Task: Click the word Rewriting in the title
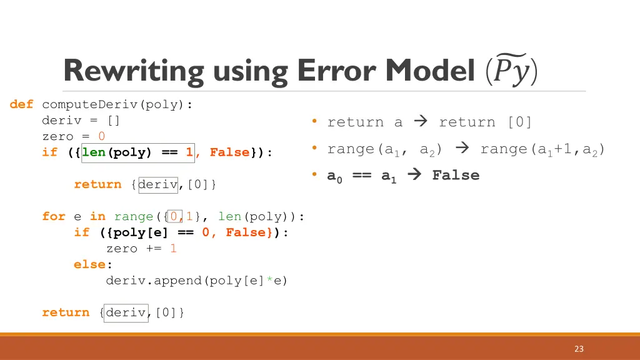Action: click(x=134, y=71)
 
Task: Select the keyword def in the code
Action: click(x=21, y=104)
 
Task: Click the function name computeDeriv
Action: click(x=93, y=104)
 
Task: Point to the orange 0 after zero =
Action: click(x=102, y=136)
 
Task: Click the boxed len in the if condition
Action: click(x=94, y=152)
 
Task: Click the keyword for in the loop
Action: click(x=54, y=217)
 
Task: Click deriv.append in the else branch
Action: click(x=154, y=281)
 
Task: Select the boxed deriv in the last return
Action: click(x=125, y=312)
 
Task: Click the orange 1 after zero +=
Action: click(x=173, y=249)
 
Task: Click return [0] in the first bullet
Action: click(x=485, y=122)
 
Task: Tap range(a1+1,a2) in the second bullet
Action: click(x=542, y=149)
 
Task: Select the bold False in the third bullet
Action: click(x=456, y=176)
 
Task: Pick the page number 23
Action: click(x=579, y=349)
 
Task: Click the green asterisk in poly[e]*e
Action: click(x=269, y=281)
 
